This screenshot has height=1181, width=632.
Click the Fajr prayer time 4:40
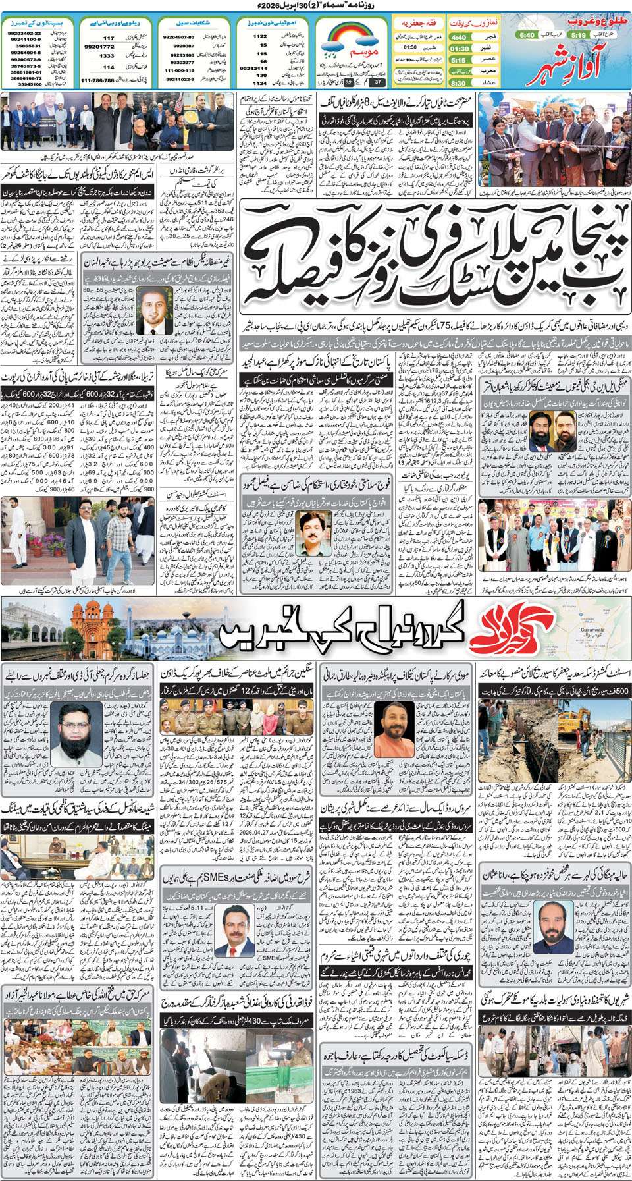click(459, 38)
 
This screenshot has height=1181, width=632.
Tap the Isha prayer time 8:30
click(459, 83)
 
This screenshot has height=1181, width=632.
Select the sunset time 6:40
click(526, 35)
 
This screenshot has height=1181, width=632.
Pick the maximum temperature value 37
click(378, 82)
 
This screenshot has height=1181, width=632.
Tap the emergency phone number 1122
click(260, 37)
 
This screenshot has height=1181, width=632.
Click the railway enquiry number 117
click(109, 38)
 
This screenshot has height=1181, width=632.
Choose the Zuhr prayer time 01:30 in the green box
click(459, 49)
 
